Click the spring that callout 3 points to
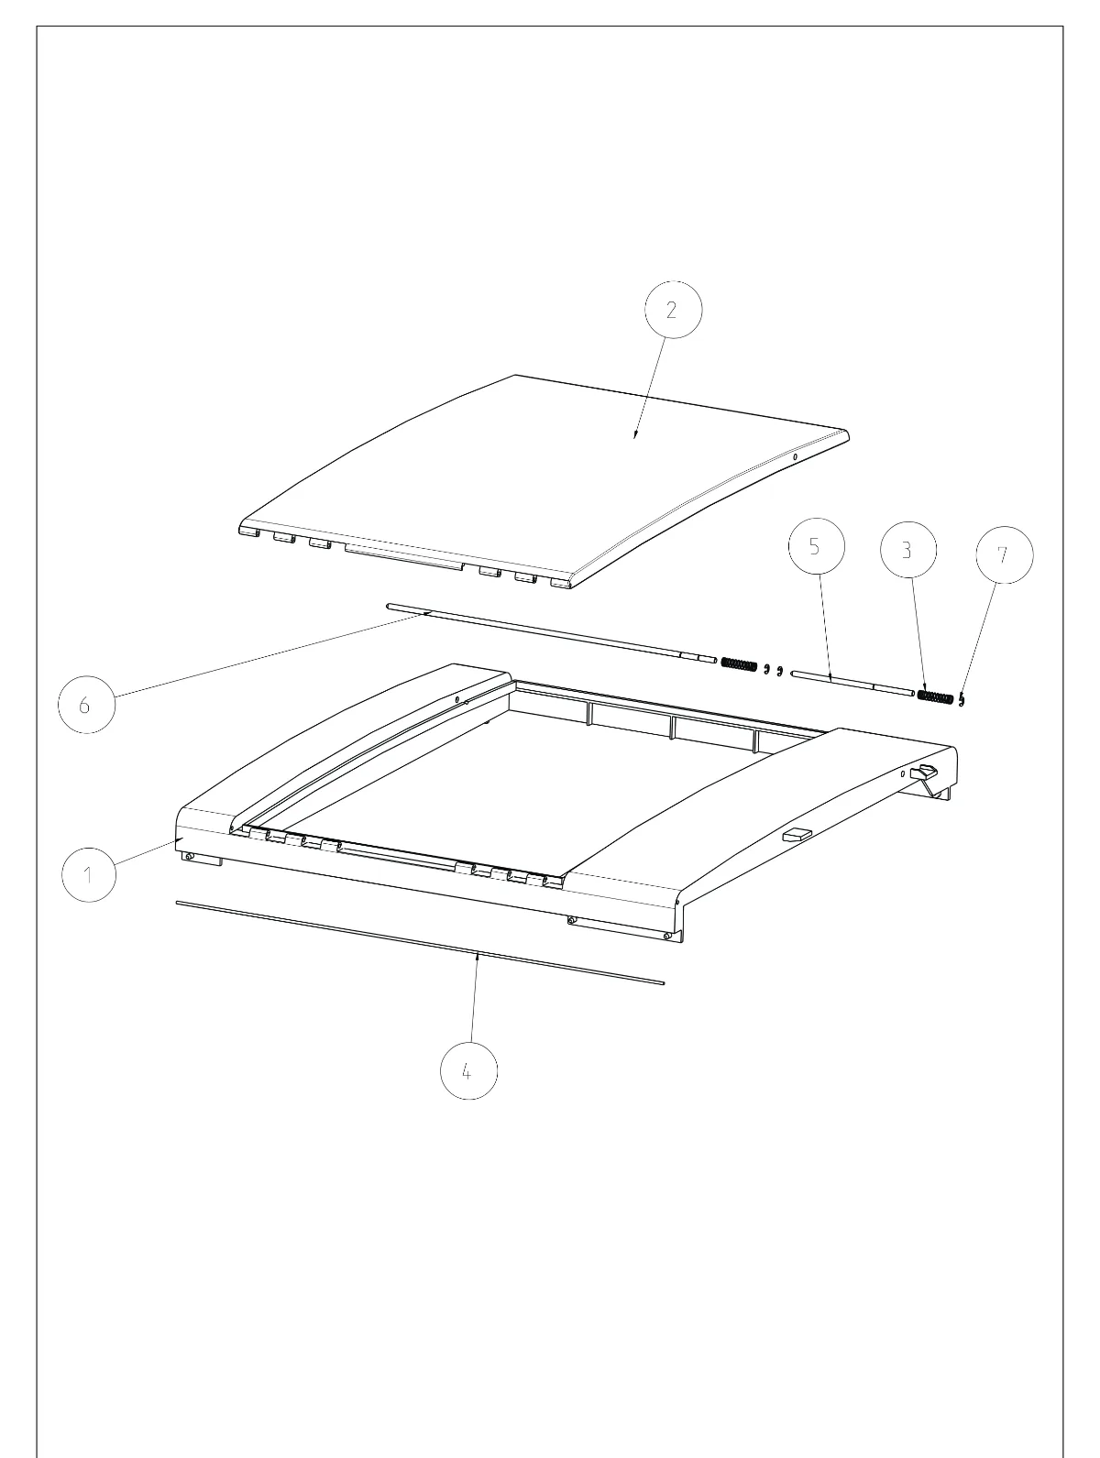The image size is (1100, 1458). coord(935,696)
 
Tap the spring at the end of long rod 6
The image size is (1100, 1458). coord(739,664)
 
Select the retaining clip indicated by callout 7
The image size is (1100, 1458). coord(962,699)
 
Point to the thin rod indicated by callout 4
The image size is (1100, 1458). coord(420,943)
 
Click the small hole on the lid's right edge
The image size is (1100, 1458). coord(795,457)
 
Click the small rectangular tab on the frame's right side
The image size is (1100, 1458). coord(797,835)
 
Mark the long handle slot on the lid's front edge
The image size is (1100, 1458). coord(403,557)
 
